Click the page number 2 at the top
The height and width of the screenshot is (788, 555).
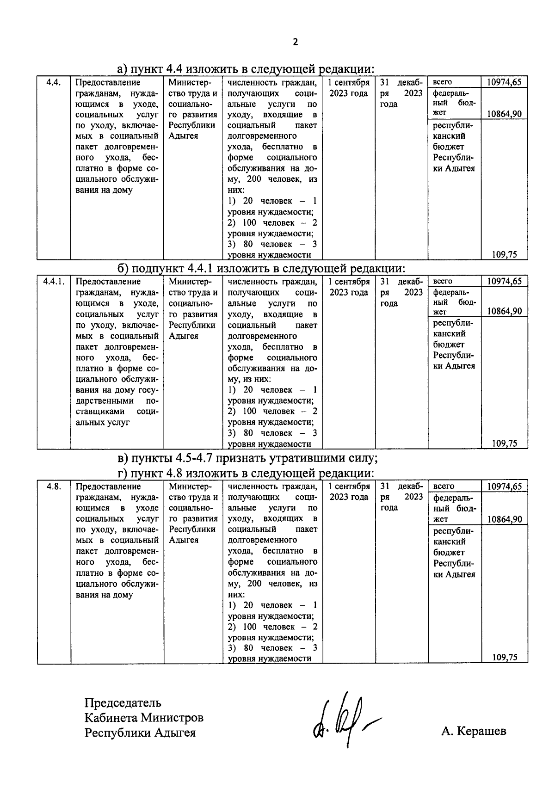(296, 43)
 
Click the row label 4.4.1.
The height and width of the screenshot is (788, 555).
(54, 281)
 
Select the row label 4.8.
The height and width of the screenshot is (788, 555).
(54, 486)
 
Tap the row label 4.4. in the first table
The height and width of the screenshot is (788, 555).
(54, 82)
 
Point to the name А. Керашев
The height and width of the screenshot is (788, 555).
(474, 731)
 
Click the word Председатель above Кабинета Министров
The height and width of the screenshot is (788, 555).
(123, 703)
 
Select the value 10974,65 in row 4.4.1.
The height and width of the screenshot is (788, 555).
(504, 281)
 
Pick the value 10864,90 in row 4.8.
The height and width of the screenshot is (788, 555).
(504, 519)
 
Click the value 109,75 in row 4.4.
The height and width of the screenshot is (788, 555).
(504, 254)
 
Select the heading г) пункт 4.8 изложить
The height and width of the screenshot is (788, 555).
(245, 474)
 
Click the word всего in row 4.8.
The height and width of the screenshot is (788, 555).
(444, 486)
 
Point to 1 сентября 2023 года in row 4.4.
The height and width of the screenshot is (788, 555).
(349, 88)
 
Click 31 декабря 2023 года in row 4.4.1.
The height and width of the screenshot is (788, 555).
(401, 292)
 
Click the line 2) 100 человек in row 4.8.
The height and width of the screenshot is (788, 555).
(272, 627)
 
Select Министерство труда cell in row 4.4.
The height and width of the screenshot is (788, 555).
(193, 109)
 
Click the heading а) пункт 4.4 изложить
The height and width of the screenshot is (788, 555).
(245, 69)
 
